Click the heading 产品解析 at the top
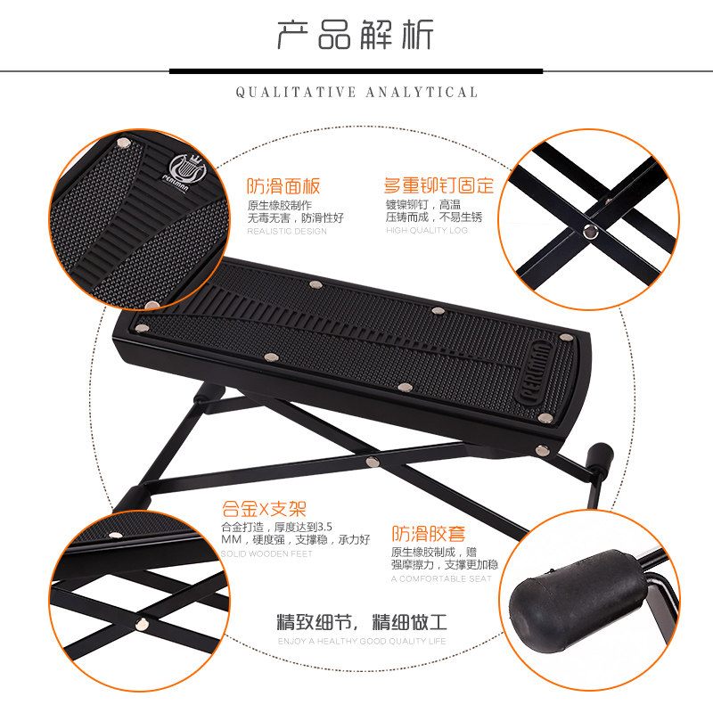pos(355,35)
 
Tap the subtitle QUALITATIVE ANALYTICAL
pos(357,93)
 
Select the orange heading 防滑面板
pos(283,186)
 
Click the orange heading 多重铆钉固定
pos(438,185)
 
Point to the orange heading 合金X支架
pos(264,509)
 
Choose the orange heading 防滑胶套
pos(429,534)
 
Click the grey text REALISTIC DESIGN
pos(287,231)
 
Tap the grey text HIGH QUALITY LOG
pos(427,230)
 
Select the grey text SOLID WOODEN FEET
pos(266,553)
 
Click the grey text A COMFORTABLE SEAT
pos(441,578)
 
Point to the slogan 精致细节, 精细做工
pos(362,621)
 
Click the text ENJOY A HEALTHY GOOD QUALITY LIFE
pos(362,641)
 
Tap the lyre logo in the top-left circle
pos(185,169)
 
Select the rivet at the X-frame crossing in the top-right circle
pos(591,231)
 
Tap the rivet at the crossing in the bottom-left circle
pos(143,624)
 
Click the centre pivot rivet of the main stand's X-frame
pos(373,462)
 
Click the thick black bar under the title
pos(356,71)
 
